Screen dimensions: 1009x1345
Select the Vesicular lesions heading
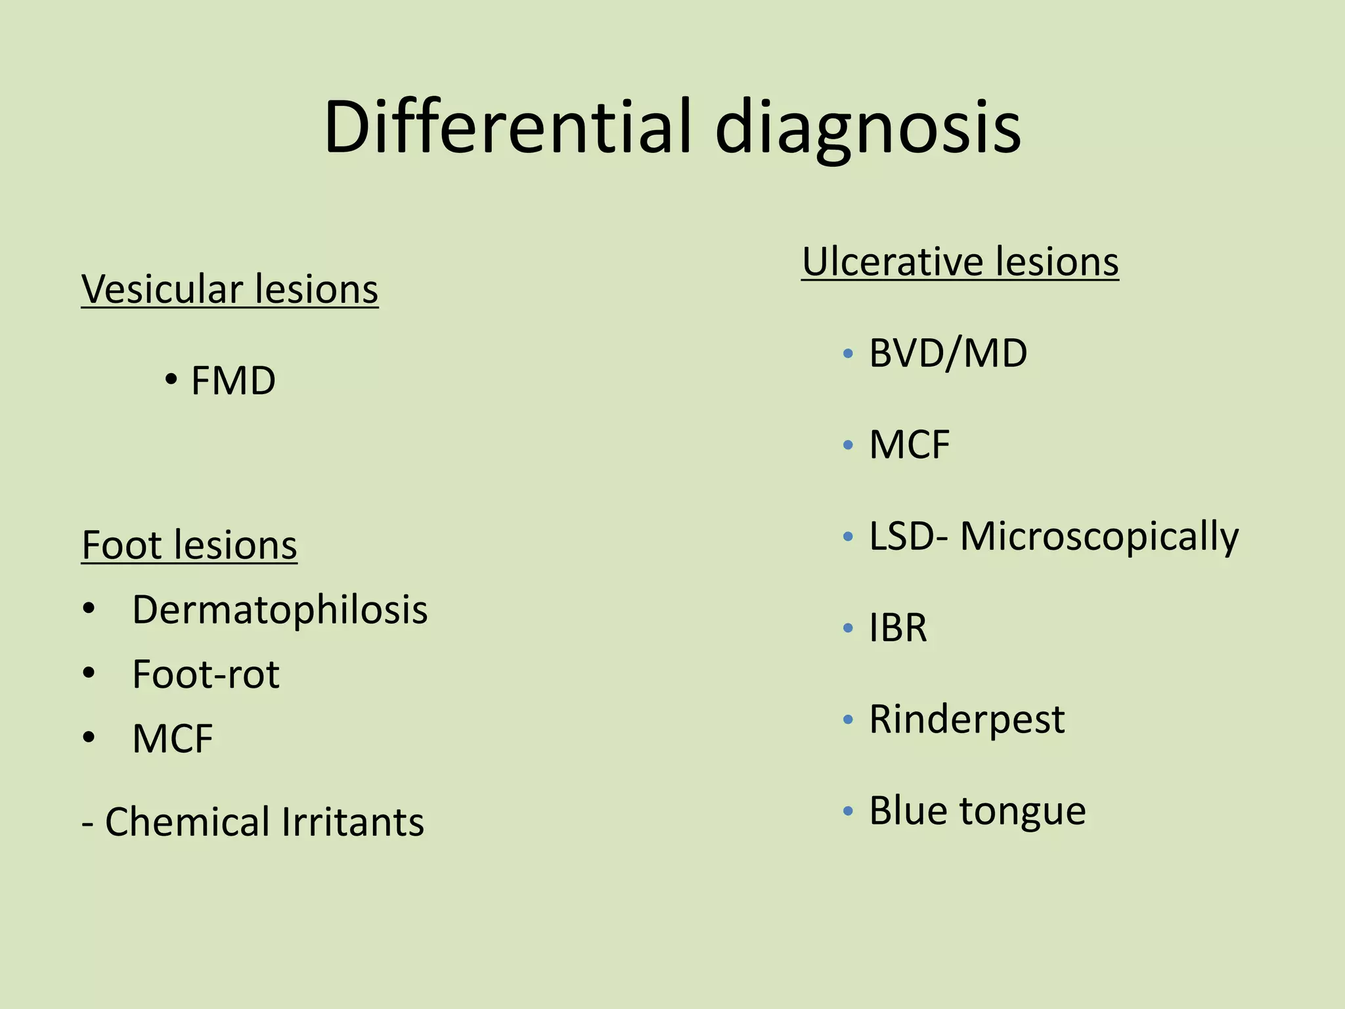[230, 289]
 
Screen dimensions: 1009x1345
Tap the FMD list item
[232, 380]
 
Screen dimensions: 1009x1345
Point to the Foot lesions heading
[189, 545]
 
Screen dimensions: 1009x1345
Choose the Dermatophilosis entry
[280, 610]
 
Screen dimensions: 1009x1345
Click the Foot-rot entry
[206, 674]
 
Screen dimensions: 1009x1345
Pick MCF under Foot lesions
[173, 738]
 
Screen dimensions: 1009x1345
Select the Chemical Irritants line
[253, 822]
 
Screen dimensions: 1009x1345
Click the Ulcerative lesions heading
[960, 261]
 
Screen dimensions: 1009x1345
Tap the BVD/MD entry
[948, 353]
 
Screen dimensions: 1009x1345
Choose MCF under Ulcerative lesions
[910, 445]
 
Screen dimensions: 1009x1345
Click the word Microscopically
[1099, 537]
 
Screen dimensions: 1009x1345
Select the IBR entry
[898, 627]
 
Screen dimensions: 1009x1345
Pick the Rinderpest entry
[967, 719]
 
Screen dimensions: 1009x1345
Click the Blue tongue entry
[977, 811]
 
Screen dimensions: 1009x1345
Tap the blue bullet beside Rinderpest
[848, 720]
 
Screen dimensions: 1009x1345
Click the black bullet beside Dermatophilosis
[89, 610]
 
